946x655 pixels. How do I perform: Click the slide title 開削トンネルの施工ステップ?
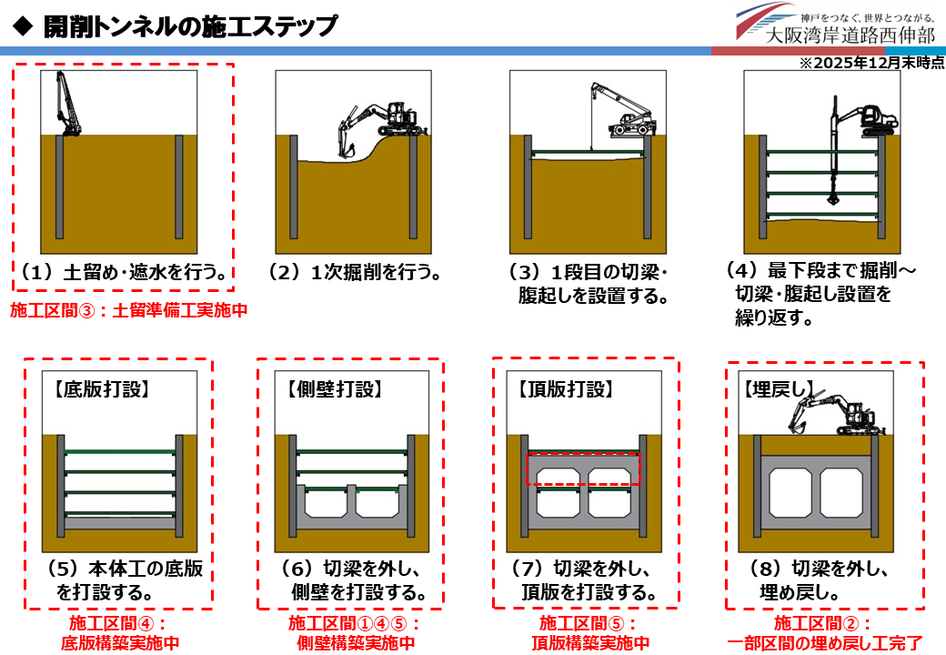(x=190, y=25)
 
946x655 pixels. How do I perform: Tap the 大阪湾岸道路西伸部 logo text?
(x=850, y=36)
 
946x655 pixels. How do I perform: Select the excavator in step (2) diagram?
(x=377, y=123)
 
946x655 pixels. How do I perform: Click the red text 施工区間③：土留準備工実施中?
(x=128, y=310)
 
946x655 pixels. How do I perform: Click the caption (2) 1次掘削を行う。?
(x=355, y=272)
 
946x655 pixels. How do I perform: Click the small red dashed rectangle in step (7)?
(x=584, y=468)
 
